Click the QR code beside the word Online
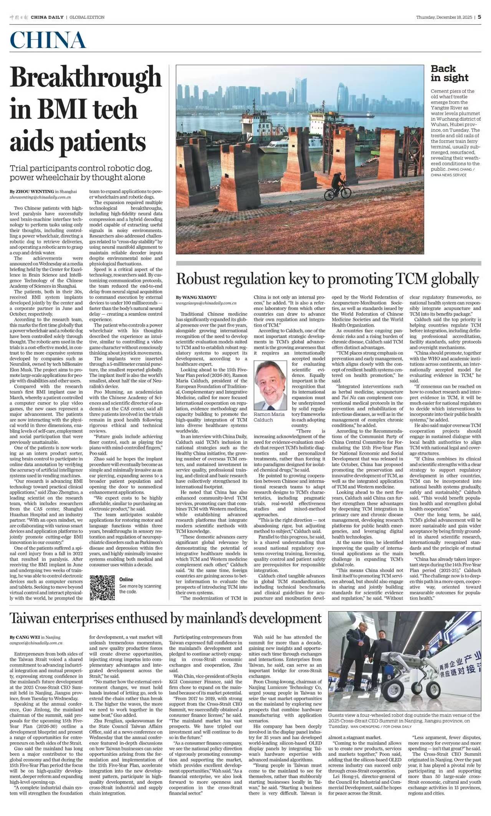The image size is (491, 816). tap(102, 588)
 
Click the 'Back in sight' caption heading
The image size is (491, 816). tap(450, 73)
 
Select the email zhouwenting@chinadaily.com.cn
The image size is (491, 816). tap(40, 197)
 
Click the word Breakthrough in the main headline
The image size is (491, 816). tap(86, 77)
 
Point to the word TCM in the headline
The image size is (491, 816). tap(418, 279)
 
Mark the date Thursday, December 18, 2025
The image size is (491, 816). tap(444, 17)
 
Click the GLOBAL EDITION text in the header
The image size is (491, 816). tap(87, 17)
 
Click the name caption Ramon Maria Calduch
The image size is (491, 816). tap(269, 417)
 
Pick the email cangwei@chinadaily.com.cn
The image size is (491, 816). tap(36, 643)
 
